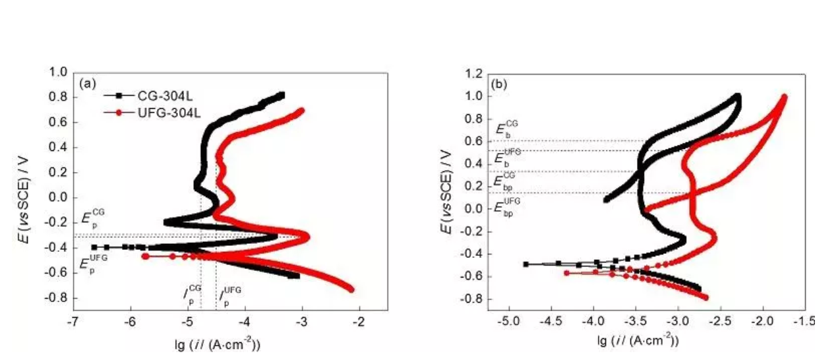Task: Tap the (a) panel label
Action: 88,84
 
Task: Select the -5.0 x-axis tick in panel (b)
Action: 508,321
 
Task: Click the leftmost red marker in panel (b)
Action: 566,272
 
